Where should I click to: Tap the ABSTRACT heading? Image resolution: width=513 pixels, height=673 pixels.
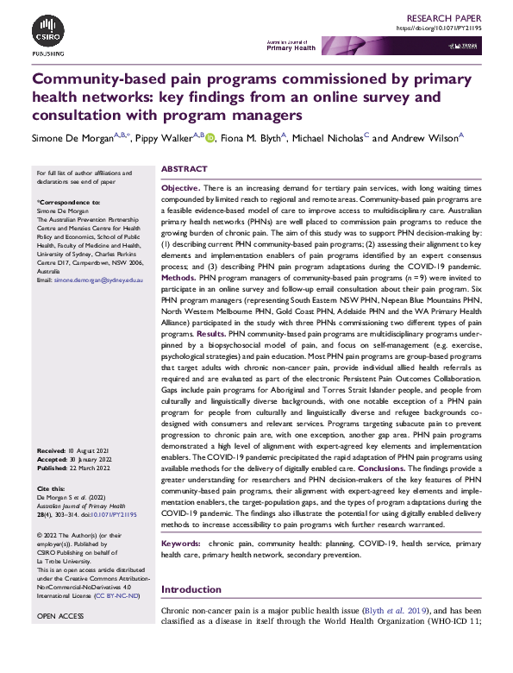(185, 170)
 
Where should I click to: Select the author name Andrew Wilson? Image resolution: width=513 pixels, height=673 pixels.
(424, 136)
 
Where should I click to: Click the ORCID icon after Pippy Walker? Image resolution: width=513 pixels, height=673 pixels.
(210, 136)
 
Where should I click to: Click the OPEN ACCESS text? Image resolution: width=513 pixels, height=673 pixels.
(59, 617)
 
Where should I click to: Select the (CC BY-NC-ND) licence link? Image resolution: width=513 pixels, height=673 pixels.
(121, 594)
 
